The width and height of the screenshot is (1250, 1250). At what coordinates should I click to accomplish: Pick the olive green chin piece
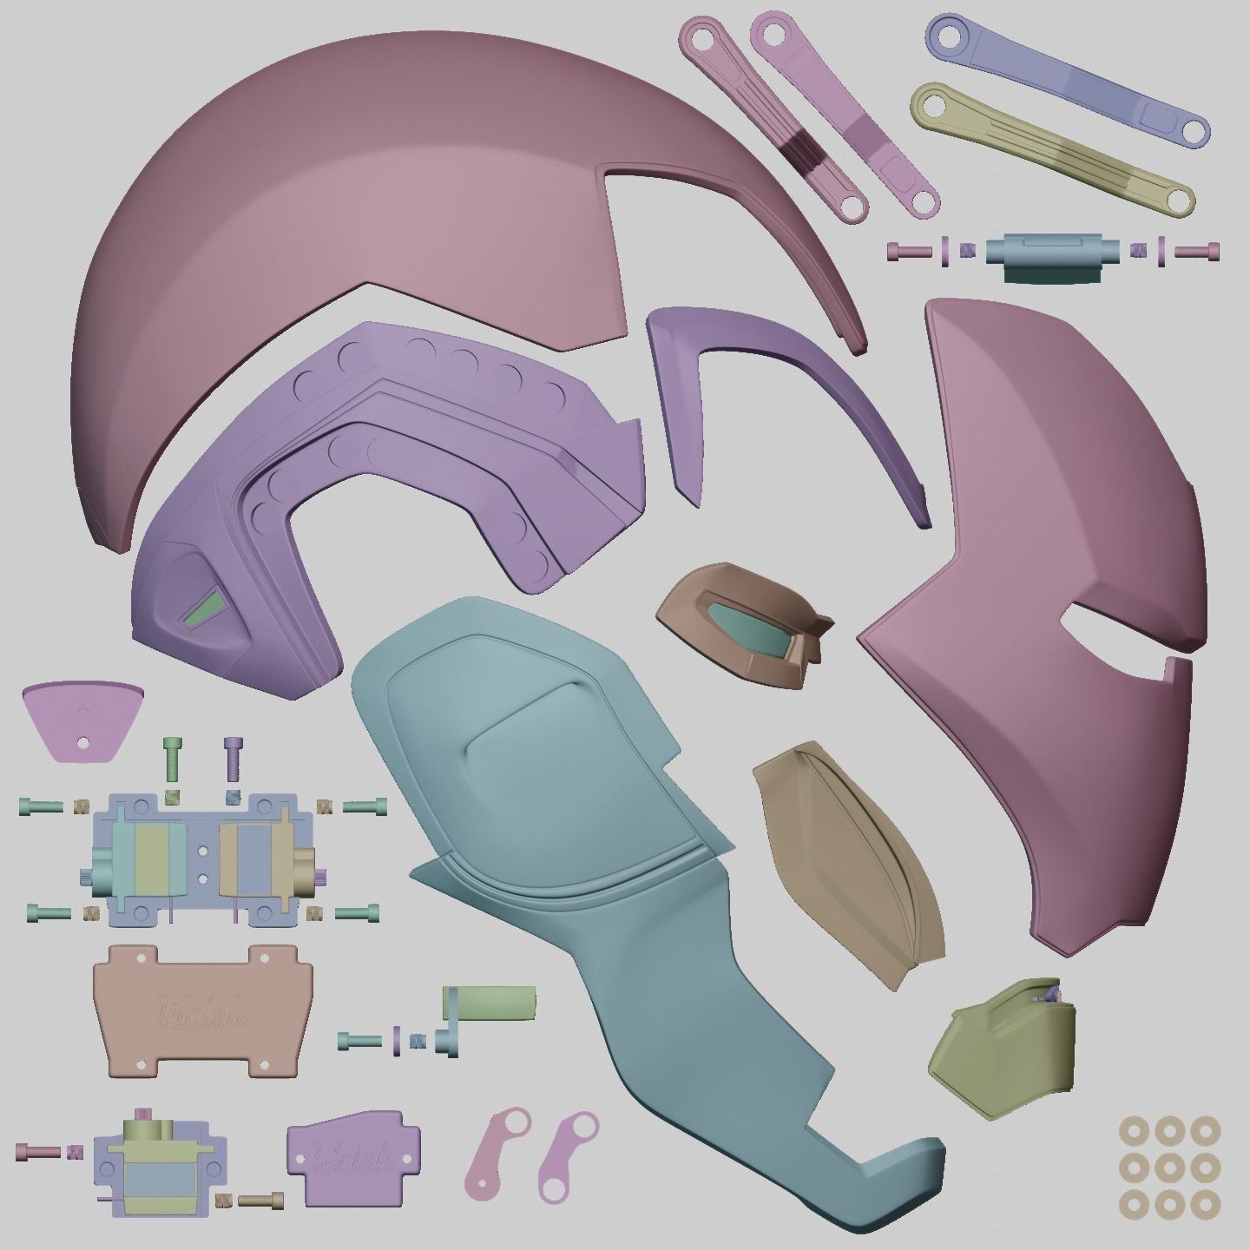click(1003, 1050)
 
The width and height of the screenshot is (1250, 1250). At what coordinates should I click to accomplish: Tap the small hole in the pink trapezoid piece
click(82, 743)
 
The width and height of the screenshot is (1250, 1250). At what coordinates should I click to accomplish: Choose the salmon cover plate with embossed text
click(201, 1010)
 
